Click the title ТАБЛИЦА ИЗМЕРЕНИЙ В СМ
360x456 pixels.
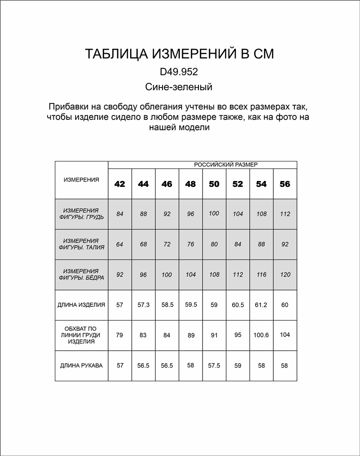click(x=180, y=54)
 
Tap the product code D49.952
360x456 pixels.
click(x=179, y=72)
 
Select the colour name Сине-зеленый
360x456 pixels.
click(x=179, y=87)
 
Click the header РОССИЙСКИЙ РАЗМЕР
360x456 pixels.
click(x=226, y=165)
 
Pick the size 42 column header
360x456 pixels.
click(x=120, y=184)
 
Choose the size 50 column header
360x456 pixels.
click(x=214, y=184)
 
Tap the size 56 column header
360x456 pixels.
click(x=285, y=184)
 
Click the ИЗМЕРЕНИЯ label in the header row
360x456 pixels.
click(x=81, y=180)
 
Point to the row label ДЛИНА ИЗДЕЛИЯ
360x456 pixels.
click(x=82, y=305)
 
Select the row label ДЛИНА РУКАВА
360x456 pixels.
click(x=81, y=366)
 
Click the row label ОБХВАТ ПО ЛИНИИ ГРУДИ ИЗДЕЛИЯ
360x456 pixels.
click(x=81, y=335)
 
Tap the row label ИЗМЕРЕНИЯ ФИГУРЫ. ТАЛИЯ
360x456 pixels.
click(x=82, y=244)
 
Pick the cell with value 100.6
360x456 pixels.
click(x=261, y=335)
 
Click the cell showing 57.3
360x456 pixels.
click(x=143, y=305)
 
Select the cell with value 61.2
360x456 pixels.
click(x=261, y=305)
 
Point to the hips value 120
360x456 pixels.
click(x=285, y=275)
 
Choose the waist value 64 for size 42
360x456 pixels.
click(x=120, y=244)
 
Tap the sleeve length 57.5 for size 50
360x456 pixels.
click(x=214, y=366)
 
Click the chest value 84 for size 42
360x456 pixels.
click(x=120, y=213)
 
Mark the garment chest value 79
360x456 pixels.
click(x=120, y=335)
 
